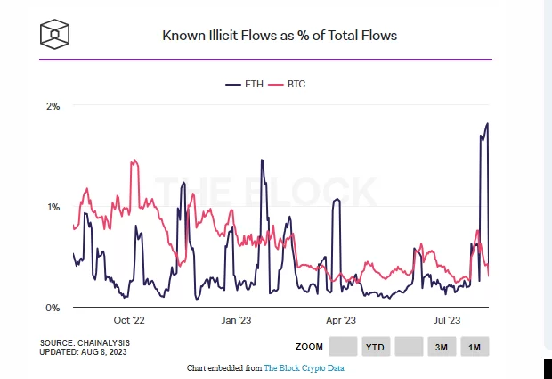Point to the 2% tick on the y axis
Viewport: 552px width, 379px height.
(x=53, y=106)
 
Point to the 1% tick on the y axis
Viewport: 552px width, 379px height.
(x=53, y=207)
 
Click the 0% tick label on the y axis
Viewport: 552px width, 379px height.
(x=53, y=308)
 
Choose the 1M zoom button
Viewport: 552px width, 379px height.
(x=475, y=346)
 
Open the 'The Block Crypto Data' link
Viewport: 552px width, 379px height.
(x=304, y=367)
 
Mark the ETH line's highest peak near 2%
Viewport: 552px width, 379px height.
(x=487, y=123)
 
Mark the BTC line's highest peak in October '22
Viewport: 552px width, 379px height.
(x=134, y=161)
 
